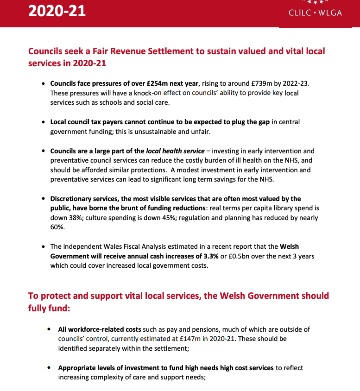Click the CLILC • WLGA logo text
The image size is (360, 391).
(x=315, y=13)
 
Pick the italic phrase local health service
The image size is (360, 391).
(x=175, y=151)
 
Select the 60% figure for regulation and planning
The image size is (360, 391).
(x=57, y=227)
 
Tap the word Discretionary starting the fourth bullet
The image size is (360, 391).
(x=72, y=199)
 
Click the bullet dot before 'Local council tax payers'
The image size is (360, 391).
(x=44, y=122)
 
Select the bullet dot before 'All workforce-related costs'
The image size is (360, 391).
(x=49, y=329)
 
